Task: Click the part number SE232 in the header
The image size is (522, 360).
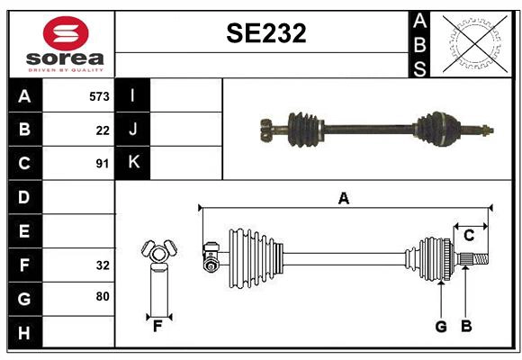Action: tap(265, 33)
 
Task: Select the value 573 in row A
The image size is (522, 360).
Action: tap(99, 96)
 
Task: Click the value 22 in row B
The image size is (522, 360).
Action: tap(103, 130)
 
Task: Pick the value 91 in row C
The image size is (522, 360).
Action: tap(103, 164)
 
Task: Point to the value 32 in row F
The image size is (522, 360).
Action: tap(103, 265)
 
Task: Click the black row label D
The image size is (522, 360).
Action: tap(24, 197)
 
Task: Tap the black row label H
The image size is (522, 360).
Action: tap(24, 334)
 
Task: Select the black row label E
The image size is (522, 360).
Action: tap(24, 231)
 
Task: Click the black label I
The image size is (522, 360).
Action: tap(133, 96)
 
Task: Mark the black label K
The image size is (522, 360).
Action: tap(133, 163)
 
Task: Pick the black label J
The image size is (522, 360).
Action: tap(133, 130)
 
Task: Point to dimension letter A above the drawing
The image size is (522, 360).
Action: tap(343, 198)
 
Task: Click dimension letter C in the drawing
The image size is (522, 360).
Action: tap(469, 236)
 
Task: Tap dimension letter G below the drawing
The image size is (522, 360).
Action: tap(441, 327)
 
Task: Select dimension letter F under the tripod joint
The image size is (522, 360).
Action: tap(157, 327)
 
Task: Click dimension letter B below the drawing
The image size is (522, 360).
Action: tap(466, 327)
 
